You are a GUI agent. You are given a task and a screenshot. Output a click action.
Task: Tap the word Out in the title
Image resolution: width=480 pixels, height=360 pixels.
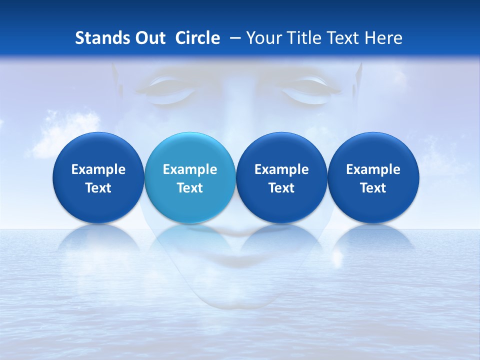[149, 38]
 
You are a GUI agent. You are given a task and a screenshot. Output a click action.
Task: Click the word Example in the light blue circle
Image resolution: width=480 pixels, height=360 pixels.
[190, 170]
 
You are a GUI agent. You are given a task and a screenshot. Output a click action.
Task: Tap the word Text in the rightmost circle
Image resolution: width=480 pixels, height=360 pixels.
[373, 188]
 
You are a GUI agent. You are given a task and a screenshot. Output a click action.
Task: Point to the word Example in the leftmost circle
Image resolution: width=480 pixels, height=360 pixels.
[98, 170]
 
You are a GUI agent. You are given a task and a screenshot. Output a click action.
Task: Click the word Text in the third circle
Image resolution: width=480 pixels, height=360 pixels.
[281, 188]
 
